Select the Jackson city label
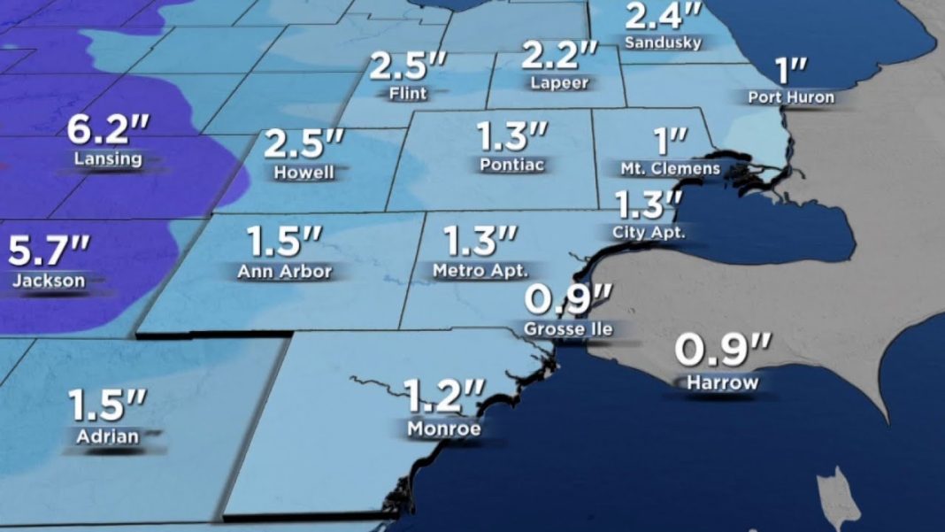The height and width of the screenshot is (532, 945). click(x=50, y=281)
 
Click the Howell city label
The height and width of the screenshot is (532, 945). click(x=304, y=172)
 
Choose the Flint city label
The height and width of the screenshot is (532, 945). click(x=407, y=93)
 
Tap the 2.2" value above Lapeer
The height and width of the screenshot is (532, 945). click(x=560, y=56)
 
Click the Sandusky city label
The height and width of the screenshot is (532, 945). click(x=663, y=42)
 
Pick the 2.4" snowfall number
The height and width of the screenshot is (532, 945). click(x=664, y=16)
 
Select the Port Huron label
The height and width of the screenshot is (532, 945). click(x=791, y=97)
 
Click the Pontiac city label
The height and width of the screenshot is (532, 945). click(x=512, y=165)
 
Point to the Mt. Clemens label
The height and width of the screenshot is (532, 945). click(x=671, y=168)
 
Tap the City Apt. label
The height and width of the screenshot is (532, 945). click(x=649, y=233)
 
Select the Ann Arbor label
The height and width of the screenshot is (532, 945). click(x=284, y=272)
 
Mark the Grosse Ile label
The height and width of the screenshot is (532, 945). click(x=567, y=329)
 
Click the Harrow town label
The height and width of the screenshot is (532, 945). click(x=723, y=382)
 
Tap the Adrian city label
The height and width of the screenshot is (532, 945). click(x=107, y=436)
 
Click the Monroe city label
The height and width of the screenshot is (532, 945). click(x=444, y=429)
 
